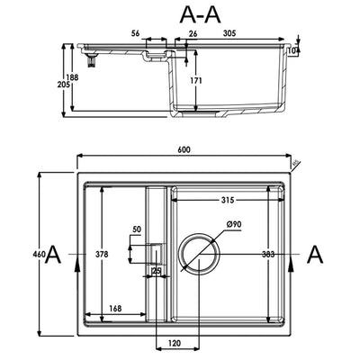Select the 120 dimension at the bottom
coord(176,343)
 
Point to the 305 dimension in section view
coord(231,32)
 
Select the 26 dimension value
coord(193,35)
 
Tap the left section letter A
coord(54,255)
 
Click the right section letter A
coord(314,255)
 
